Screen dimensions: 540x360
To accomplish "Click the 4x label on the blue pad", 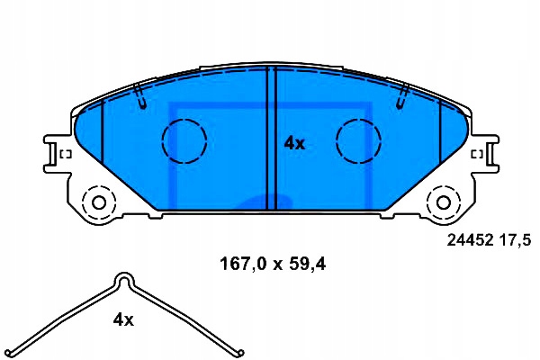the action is coord(294,144).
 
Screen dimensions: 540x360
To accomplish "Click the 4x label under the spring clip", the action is coord(123,320).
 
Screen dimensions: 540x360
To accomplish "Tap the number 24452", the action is coord(470,239).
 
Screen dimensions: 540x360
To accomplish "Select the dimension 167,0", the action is coord(243,265).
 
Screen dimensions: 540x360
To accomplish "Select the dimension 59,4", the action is coord(307,265).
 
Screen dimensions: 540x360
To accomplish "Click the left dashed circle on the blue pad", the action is coord(184,141).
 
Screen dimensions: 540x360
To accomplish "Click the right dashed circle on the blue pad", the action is coord(358,141).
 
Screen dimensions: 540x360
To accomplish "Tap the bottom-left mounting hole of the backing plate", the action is coord(99,202).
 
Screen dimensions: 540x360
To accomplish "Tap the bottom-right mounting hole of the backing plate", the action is coord(444,202).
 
